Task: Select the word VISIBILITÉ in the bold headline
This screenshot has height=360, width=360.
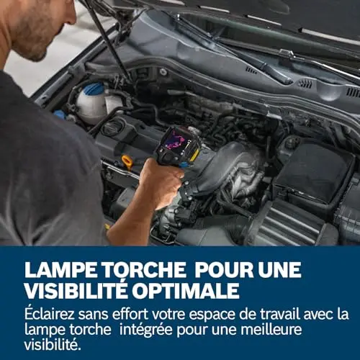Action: (x=76, y=290)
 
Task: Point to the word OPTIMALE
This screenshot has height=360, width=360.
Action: (x=186, y=290)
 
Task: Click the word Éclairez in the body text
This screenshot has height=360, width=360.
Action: (x=50, y=314)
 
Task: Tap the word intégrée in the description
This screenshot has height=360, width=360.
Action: (x=146, y=330)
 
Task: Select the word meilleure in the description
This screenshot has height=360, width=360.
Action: (x=271, y=330)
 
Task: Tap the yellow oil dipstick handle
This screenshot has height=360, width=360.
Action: (x=127, y=161)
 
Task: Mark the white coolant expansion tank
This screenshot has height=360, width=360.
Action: (x=92, y=103)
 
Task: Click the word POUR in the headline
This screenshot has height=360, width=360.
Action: (x=224, y=269)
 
